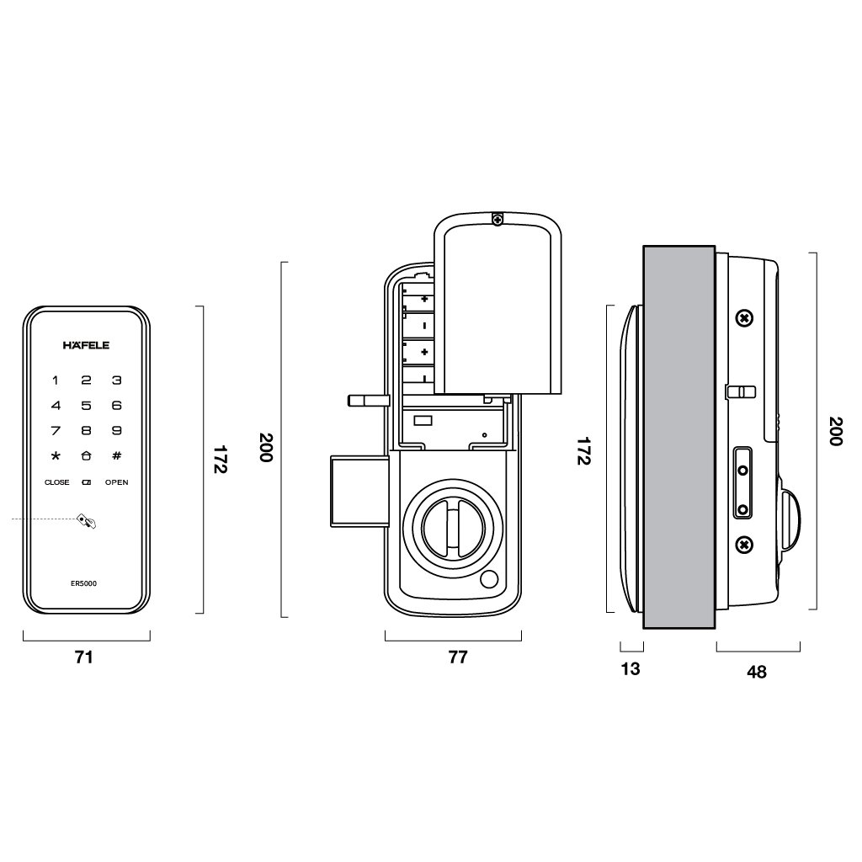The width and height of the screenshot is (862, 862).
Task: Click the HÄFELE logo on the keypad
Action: tap(86, 344)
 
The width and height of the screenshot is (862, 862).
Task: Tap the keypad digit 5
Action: tap(86, 406)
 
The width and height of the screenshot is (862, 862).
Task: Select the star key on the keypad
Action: tap(56, 456)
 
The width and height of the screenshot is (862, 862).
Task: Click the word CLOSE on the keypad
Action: tap(56, 482)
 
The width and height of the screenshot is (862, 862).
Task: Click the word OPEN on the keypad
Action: tap(116, 482)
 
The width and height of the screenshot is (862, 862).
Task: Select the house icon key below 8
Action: tap(86, 456)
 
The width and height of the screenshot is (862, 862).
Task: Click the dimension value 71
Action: tap(83, 658)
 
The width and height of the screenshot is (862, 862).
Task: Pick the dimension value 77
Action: tap(457, 658)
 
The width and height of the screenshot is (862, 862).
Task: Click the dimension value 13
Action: tap(631, 669)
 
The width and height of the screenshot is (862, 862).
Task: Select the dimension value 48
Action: tap(757, 672)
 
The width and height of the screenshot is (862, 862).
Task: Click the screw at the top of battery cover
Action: tap(498, 220)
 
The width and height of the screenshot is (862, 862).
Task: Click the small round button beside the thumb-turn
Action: tap(488, 581)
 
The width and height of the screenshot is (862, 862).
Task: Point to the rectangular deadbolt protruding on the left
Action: tap(359, 491)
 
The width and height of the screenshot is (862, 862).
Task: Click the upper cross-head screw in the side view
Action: tap(743, 319)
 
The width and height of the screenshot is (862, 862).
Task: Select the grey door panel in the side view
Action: tap(678, 438)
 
